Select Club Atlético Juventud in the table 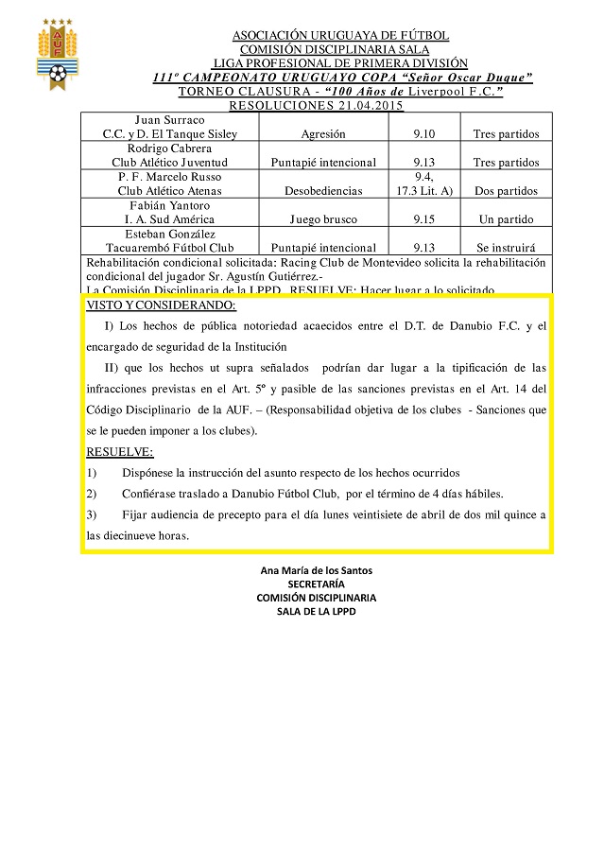point(169,163)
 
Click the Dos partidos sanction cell point(506,191)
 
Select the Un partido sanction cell point(506,219)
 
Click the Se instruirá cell point(506,248)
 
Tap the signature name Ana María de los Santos point(316,570)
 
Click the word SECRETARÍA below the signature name point(316,584)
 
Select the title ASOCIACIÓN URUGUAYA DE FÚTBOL point(340,36)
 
